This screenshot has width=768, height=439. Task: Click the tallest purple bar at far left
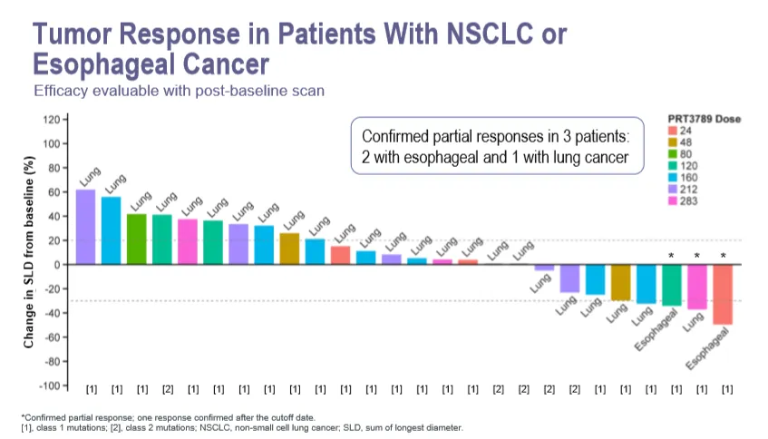[85, 227]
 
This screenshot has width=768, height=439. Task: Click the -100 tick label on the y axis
[49, 385]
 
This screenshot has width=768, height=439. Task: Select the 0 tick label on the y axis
[56, 265]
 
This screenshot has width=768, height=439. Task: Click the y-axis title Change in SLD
[30, 253]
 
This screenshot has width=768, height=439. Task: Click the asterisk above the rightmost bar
[723, 257]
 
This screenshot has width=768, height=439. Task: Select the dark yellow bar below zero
[620, 282]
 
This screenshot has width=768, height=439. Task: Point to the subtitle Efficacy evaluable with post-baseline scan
[179, 92]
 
